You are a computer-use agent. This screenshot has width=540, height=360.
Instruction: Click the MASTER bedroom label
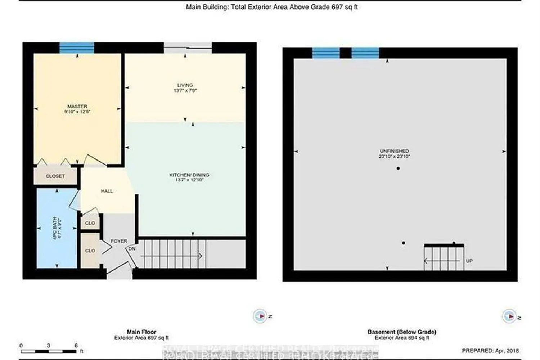click(77, 107)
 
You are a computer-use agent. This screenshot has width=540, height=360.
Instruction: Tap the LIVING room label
click(185, 85)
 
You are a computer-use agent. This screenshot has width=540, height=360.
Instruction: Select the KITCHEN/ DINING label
click(189, 175)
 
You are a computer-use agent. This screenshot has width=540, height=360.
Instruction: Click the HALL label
click(107, 191)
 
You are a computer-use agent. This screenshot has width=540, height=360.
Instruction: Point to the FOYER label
click(119, 241)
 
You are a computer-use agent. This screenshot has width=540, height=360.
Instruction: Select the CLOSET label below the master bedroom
click(55, 176)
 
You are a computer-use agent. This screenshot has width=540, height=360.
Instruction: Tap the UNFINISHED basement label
click(394, 151)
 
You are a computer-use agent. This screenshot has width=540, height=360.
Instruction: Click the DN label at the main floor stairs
click(132, 249)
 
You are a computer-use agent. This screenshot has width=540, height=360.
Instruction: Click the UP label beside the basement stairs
click(469, 261)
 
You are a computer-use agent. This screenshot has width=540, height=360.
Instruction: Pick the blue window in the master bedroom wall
click(77, 48)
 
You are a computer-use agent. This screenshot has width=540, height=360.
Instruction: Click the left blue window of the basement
click(326, 53)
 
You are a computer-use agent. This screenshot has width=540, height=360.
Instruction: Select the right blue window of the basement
click(365, 53)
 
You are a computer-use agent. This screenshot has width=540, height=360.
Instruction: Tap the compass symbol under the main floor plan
click(260, 316)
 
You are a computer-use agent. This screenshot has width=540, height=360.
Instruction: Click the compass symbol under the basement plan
click(509, 316)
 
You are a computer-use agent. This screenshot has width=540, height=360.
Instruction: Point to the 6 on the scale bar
click(76, 345)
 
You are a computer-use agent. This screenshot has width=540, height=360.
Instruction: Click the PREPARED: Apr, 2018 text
click(490, 350)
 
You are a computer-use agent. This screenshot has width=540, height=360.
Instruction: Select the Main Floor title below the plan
click(141, 332)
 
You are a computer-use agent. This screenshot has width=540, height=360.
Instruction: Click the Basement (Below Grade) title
click(402, 332)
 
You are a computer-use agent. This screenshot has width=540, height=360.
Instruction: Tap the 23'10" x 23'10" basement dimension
click(394, 157)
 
